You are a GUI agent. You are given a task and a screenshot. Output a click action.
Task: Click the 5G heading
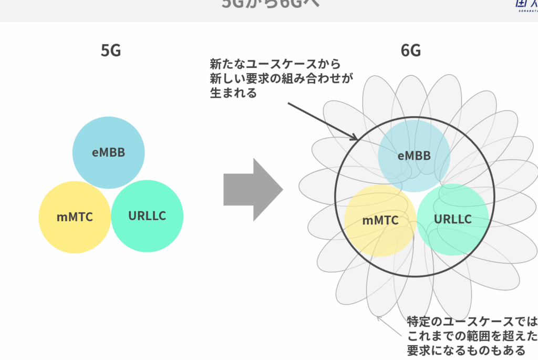pos(111,50)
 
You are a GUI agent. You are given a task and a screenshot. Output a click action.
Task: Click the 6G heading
pos(411,50)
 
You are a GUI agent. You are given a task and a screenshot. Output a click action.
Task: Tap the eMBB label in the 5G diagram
pos(109,153)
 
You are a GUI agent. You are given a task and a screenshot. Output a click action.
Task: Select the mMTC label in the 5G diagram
pos(75,217)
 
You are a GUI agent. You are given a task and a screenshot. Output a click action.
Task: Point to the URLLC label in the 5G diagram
pos(148,215)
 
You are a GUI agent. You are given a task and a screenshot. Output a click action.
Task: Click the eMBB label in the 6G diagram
pos(414,156)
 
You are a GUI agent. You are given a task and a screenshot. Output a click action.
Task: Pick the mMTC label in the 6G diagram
pos(380,220)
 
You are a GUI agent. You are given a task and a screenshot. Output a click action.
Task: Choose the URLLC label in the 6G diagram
pos(453,219)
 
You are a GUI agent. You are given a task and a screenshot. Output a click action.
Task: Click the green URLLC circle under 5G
pos(148,234)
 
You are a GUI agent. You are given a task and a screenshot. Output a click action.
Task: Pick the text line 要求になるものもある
pos(465,350)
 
